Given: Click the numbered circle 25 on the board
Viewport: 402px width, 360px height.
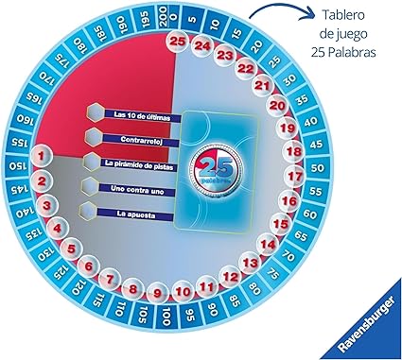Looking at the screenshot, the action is (x=177, y=41).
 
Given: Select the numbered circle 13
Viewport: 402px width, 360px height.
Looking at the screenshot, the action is (x=251, y=263).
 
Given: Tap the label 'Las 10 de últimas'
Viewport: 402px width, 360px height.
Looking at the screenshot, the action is (x=144, y=115).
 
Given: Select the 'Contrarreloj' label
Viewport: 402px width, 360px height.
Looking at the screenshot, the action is (x=144, y=139).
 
